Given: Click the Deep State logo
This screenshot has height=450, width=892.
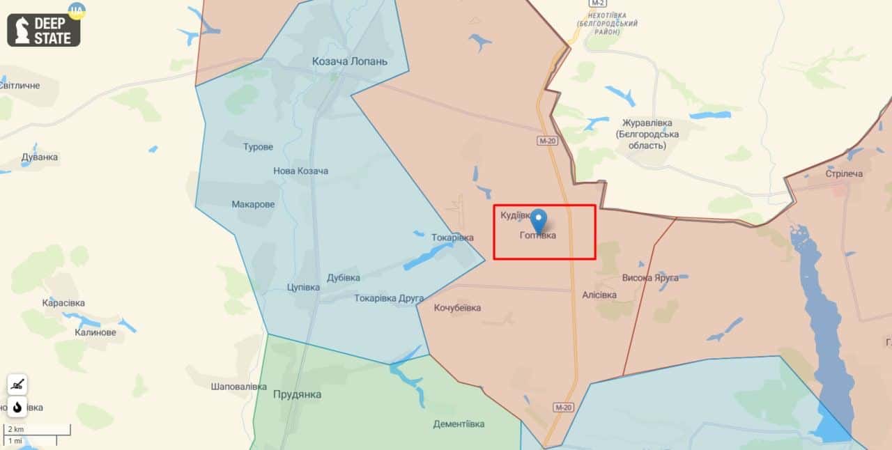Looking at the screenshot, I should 44,30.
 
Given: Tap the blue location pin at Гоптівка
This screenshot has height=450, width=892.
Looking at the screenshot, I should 539,220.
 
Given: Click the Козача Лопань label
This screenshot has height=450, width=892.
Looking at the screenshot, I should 350,61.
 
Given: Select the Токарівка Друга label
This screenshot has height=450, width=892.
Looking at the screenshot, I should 389,298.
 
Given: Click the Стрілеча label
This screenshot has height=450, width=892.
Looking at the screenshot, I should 843,173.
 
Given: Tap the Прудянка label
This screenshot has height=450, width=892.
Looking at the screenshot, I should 298,394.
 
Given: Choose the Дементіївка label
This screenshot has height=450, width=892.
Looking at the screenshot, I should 459,424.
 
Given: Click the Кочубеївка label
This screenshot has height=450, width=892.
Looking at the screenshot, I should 457,308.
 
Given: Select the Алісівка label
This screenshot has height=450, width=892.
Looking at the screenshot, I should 599,295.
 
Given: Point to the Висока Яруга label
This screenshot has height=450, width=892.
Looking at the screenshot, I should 649,277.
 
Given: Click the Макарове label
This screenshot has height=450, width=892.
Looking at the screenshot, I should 253,204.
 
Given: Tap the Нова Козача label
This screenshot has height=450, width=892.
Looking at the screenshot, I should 300,171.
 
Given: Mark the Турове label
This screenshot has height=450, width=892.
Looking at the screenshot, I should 258,147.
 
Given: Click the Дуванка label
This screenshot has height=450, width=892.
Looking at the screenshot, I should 40,157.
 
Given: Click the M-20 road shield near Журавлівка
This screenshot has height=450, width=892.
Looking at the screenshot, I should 547,141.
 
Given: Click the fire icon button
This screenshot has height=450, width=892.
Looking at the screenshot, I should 17,406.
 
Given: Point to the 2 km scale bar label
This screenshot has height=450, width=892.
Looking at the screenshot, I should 15,429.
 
